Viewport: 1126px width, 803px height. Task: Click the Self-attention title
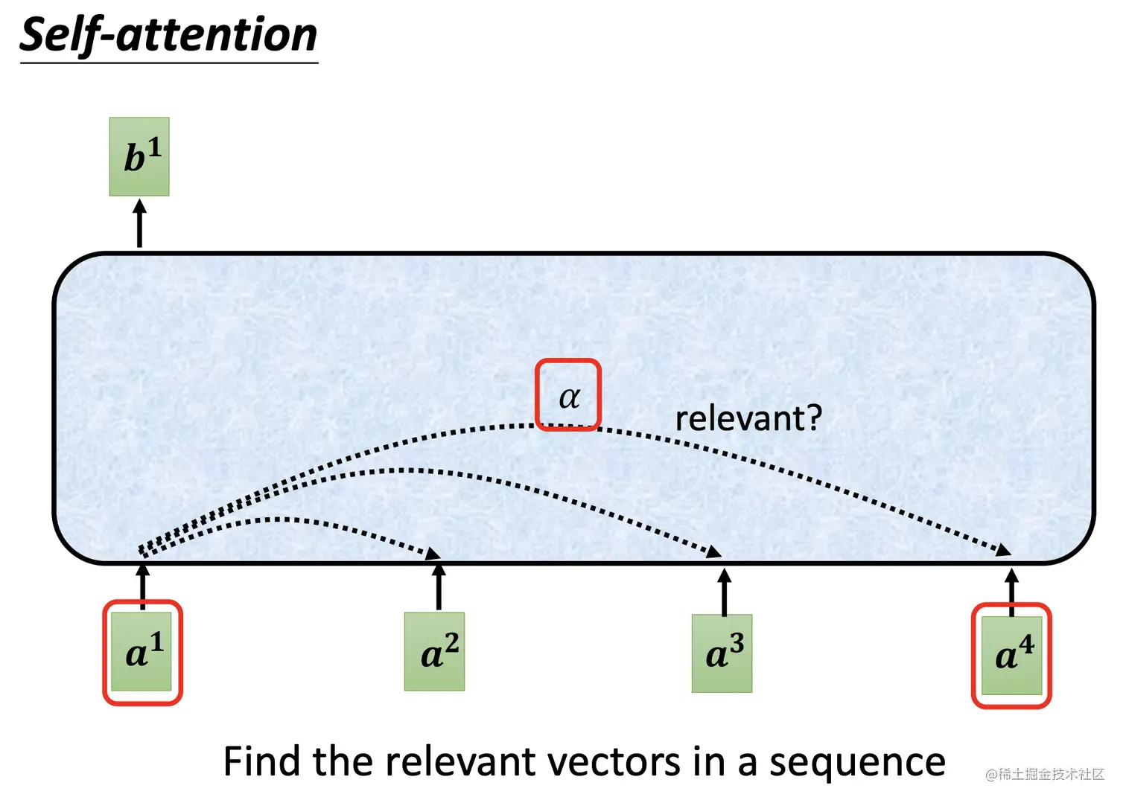(x=169, y=36)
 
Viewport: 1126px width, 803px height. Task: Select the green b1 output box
(x=139, y=157)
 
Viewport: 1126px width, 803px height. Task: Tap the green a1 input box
(x=141, y=652)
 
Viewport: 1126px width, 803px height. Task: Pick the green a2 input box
(x=434, y=652)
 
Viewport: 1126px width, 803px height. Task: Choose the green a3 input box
(x=722, y=653)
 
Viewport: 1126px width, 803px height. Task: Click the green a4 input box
(x=1011, y=655)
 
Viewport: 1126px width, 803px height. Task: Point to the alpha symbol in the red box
(x=569, y=397)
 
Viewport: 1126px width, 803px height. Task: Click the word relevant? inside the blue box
(x=748, y=418)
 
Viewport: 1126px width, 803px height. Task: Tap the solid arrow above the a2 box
(x=439, y=586)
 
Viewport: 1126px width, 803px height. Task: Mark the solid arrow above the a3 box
(x=724, y=591)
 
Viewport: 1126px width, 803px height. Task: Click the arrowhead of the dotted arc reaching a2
(x=433, y=553)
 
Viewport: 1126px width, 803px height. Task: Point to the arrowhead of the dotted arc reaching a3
(x=715, y=551)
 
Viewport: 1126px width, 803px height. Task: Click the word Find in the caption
(x=261, y=761)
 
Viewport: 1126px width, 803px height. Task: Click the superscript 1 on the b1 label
(x=153, y=147)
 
